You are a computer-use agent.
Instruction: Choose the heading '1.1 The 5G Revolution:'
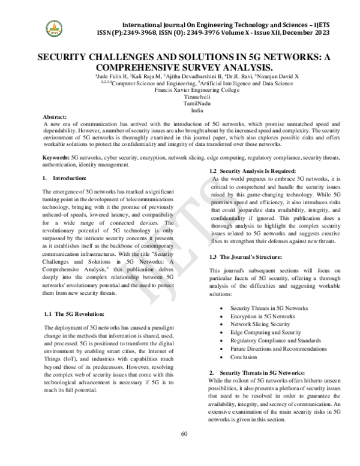[75, 314]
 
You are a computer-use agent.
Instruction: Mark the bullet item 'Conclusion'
[244, 357]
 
